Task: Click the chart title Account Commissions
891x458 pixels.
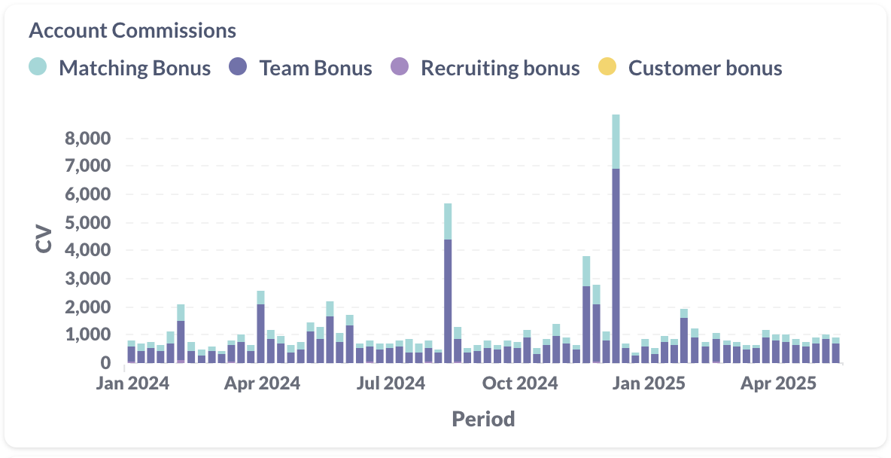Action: (x=132, y=31)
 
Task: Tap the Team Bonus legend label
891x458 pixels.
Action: (x=315, y=69)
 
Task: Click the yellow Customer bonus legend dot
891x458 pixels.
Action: (x=607, y=67)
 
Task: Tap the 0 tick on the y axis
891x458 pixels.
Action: (x=106, y=363)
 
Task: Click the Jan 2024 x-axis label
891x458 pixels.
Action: (x=133, y=383)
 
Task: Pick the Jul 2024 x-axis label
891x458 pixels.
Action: (x=391, y=383)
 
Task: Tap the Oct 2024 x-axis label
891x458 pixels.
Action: (x=521, y=383)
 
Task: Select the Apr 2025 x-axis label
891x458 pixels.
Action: (x=778, y=383)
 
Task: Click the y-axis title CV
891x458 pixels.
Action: (x=44, y=238)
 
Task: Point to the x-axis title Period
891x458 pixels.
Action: (x=483, y=419)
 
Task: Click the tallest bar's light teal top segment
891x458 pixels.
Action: (x=616, y=141)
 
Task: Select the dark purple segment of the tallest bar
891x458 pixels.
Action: (x=616, y=264)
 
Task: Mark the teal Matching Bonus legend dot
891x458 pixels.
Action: (x=38, y=67)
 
